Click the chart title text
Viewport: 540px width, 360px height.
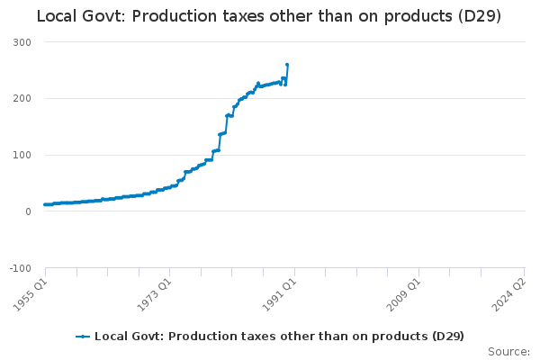(269, 16)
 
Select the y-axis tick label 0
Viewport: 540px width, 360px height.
(29, 211)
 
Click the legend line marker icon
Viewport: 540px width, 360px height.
(83, 337)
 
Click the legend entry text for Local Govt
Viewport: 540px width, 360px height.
(279, 337)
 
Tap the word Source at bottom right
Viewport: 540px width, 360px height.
(508, 352)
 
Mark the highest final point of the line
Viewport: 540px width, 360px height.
(287, 65)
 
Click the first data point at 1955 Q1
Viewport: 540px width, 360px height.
(45, 204)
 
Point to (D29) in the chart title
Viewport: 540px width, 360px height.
(476, 16)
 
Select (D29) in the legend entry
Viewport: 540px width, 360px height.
(446, 337)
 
